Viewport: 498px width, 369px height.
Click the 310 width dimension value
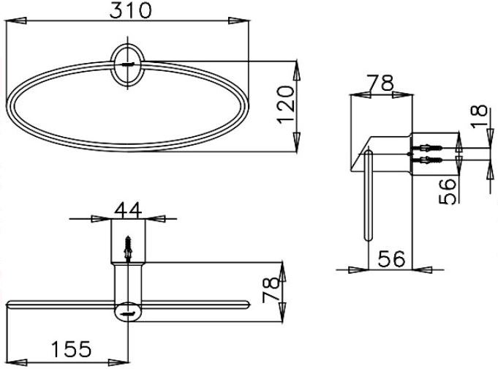click(130, 10)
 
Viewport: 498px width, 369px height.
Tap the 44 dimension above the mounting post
click(128, 210)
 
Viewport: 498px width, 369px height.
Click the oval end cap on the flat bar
click(128, 310)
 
